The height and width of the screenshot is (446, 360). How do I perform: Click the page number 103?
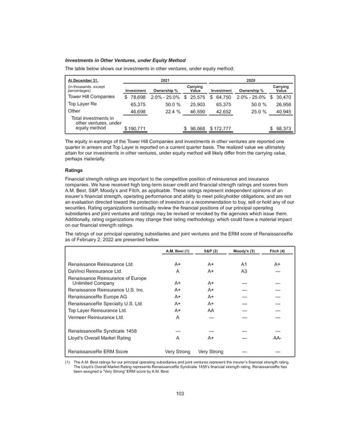click(x=180, y=409)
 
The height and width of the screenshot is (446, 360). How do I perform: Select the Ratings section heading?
click(x=76, y=170)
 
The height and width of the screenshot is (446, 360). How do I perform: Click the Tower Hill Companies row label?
click(x=91, y=96)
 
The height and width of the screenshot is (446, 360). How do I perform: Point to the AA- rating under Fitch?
click(x=277, y=338)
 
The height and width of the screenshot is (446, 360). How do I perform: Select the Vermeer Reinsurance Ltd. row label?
click(x=97, y=318)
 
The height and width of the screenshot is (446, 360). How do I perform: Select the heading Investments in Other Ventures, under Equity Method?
click(x=125, y=61)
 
